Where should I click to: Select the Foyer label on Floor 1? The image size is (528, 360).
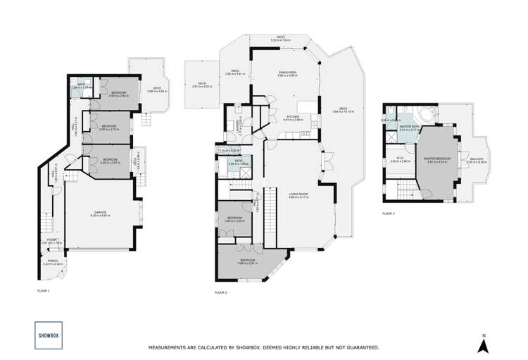[x=52, y=240]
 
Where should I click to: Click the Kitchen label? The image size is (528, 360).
[x=293, y=118]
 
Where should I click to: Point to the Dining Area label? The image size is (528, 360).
[x=284, y=72]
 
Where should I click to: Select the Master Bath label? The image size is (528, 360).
[x=410, y=128]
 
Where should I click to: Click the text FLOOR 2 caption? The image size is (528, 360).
[x=221, y=292]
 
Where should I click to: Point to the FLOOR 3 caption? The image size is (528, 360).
[x=389, y=212]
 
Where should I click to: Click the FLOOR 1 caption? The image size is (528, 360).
[x=44, y=290]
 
